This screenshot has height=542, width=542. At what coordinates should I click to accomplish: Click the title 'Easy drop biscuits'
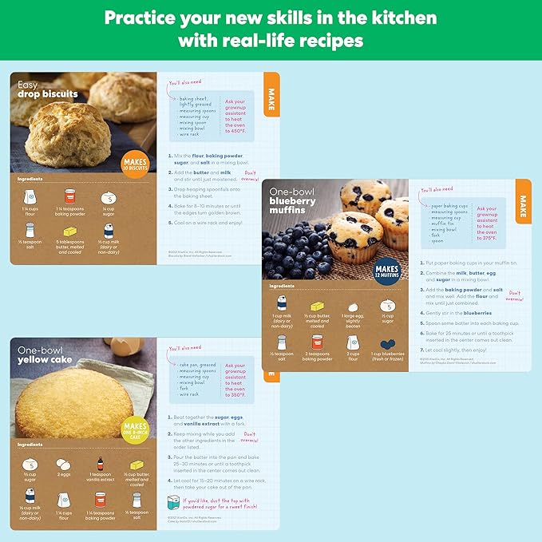[x=48, y=89]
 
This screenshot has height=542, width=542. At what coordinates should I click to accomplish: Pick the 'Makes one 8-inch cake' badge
[x=136, y=431]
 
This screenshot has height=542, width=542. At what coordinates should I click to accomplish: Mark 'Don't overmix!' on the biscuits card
[x=251, y=175]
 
